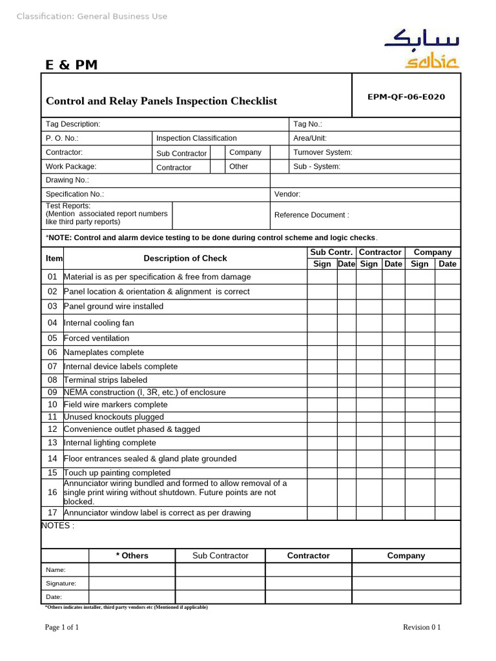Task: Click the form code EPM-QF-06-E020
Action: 406,97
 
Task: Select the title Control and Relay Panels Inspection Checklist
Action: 161,101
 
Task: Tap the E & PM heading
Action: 71,65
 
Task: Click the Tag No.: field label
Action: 307,124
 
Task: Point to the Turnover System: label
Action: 322,152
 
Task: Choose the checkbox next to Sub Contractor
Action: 218,153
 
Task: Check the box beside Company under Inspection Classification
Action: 278,153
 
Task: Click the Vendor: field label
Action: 287,194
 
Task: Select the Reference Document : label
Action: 311,215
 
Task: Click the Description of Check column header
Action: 185,258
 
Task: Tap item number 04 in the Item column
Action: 52,323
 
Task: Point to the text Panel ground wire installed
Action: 114,307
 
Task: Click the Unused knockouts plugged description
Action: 114,417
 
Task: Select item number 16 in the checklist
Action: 52,493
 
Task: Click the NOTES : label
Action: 57,526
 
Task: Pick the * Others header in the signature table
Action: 132,556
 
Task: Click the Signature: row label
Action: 61,584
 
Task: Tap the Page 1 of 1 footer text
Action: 62,627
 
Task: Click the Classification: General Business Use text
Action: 92,16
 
